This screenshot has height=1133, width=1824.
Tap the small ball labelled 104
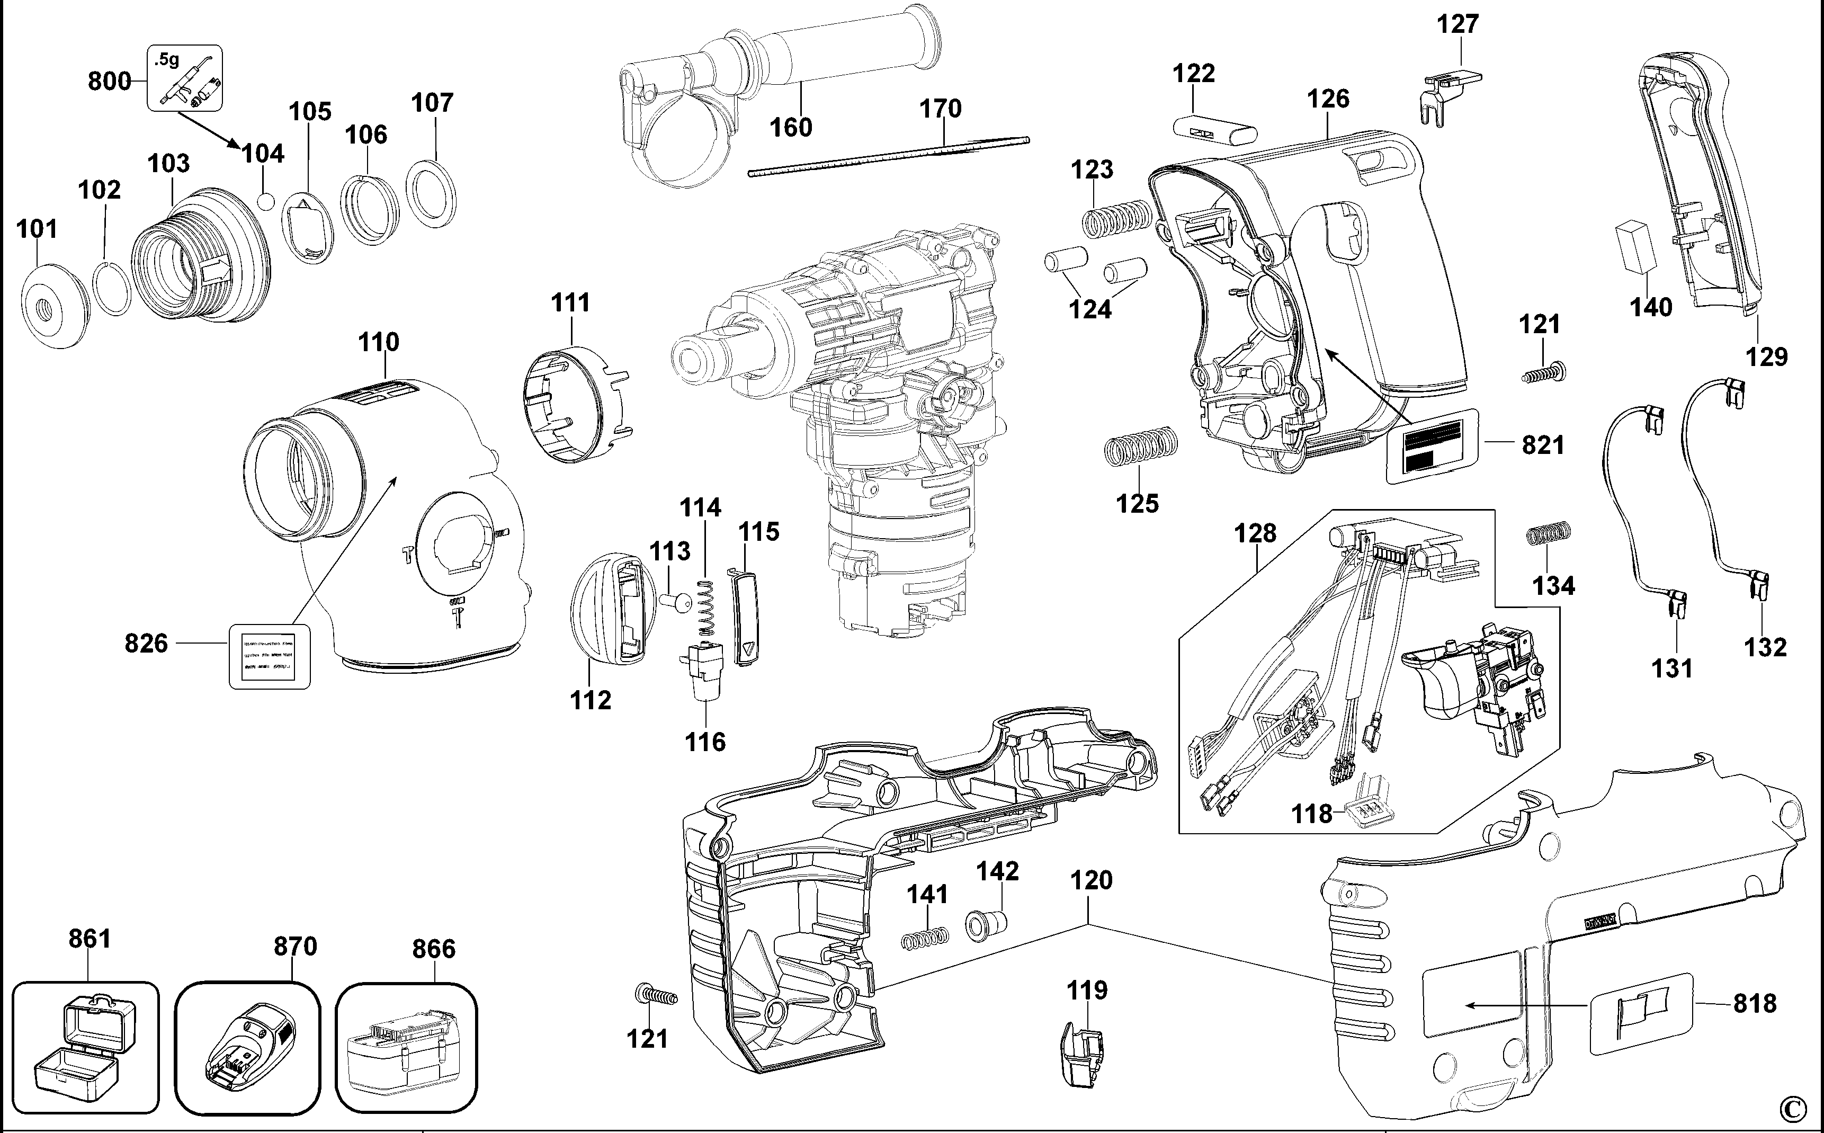[x=265, y=202]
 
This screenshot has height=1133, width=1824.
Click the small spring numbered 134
[x=1549, y=533]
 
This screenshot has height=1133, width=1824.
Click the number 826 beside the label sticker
[x=146, y=644]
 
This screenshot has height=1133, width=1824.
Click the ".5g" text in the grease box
[x=168, y=59]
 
